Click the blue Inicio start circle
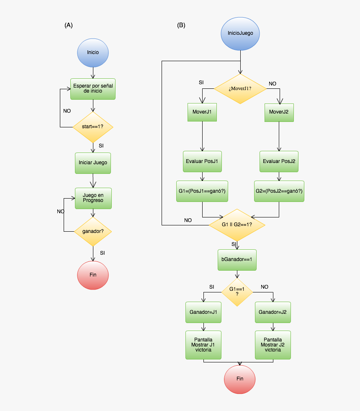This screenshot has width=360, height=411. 93,53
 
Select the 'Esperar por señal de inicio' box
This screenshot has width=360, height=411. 93,89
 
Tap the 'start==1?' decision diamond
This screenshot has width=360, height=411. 93,127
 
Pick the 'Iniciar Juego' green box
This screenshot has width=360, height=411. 93,162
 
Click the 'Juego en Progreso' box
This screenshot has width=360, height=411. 93,198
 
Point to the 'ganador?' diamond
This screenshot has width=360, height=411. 93,231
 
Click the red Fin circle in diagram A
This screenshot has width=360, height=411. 93,275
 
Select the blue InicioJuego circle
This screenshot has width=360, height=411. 240,33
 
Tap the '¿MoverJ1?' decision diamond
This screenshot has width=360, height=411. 240,89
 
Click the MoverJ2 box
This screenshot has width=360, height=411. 279,112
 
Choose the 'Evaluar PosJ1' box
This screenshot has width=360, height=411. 202,161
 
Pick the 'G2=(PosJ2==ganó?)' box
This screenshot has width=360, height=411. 279,191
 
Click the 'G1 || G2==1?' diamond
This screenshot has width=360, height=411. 237,225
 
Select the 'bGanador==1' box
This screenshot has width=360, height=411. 237,260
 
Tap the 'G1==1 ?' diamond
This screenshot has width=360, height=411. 237,291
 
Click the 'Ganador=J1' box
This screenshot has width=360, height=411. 203,313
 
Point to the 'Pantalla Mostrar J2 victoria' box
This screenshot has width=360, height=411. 273,345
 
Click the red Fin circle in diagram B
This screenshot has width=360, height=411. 239,379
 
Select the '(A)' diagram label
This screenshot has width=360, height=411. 69,25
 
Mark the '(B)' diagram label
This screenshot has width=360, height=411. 181,25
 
